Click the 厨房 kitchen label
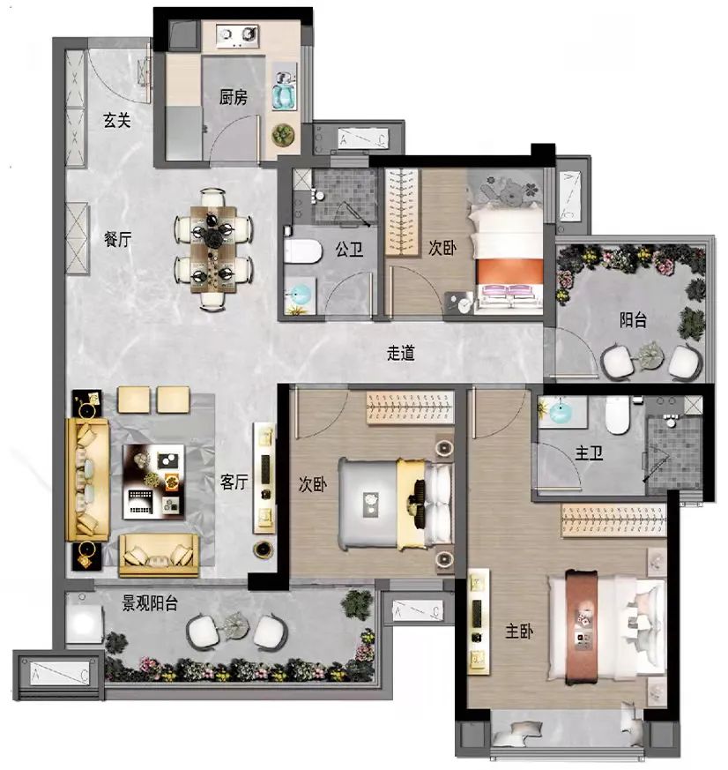(x=233, y=97)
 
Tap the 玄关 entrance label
(x=117, y=120)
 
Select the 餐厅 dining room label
(x=118, y=239)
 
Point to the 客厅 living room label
(x=234, y=482)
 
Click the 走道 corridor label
(x=401, y=353)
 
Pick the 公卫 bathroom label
(x=349, y=250)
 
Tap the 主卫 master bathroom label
(x=589, y=452)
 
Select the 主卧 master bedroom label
(x=519, y=631)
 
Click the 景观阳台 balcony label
(x=150, y=603)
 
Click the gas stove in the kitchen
(x=238, y=36)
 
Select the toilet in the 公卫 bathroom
(x=302, y=251)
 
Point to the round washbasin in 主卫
(x=561, y=413)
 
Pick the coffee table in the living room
(x=153, y=482)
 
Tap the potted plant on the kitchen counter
(x=283, y=135)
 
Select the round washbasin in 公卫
(x=299, y=295)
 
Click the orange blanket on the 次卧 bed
(x=510, y=272)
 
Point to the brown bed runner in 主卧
(x=582, y=627)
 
